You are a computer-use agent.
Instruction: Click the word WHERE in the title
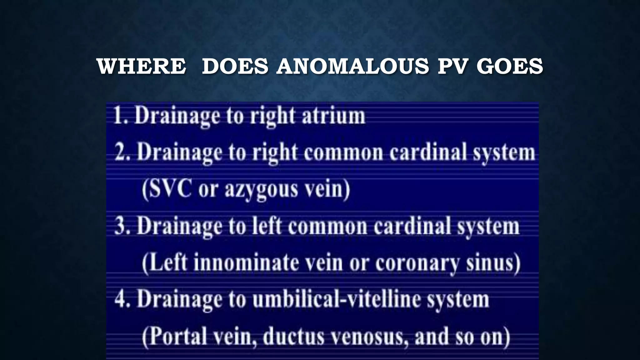click(141, 66)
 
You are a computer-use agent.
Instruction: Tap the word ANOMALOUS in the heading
click(352, 66)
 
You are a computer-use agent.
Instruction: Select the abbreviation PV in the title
click(452, 66)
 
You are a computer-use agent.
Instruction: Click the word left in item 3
click(267, 226)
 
